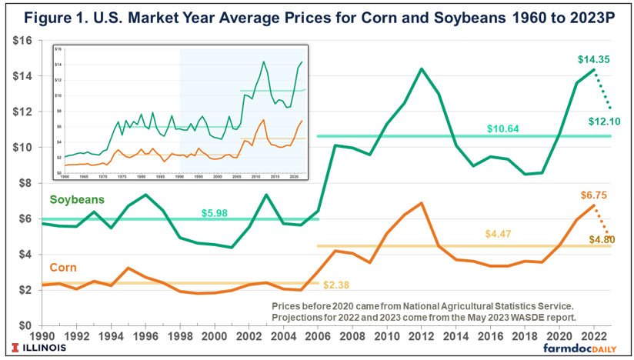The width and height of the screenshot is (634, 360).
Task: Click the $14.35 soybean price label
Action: tap(593, 59)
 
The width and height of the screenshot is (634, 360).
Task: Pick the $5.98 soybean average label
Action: tap(218, 212)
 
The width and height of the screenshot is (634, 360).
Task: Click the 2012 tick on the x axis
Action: tap(421, 336)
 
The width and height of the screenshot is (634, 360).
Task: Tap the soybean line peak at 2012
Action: tap(422, 68)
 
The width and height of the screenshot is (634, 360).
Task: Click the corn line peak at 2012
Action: tap(422, 203)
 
